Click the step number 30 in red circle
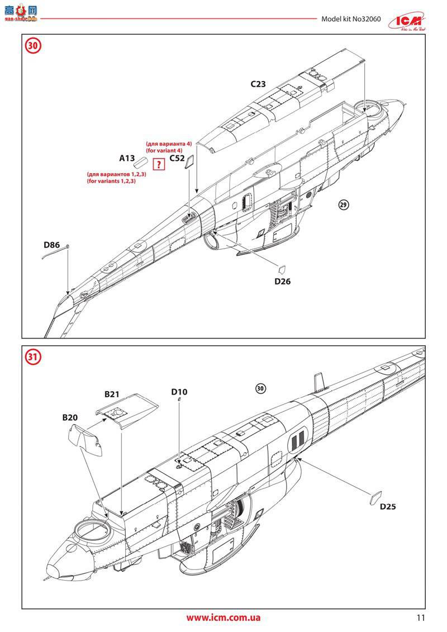click(x=33, y=46)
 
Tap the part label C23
click(x=258, y=85)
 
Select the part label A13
click(x=127, y=159)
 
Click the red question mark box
click(x=160, y=164)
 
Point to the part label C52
click(x=177, y=159)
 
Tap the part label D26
click(x=282, y=282)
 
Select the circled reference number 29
click(x=344, y=205)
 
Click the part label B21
click(x=112, y=394)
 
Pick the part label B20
click(x=70, y=417)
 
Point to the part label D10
click(x=179, y=392)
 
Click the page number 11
click(x=421, y=618)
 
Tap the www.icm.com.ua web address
click(x=223, y=618)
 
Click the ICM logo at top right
click(x=413, y=20)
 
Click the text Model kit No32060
click(x=351, y=19)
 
